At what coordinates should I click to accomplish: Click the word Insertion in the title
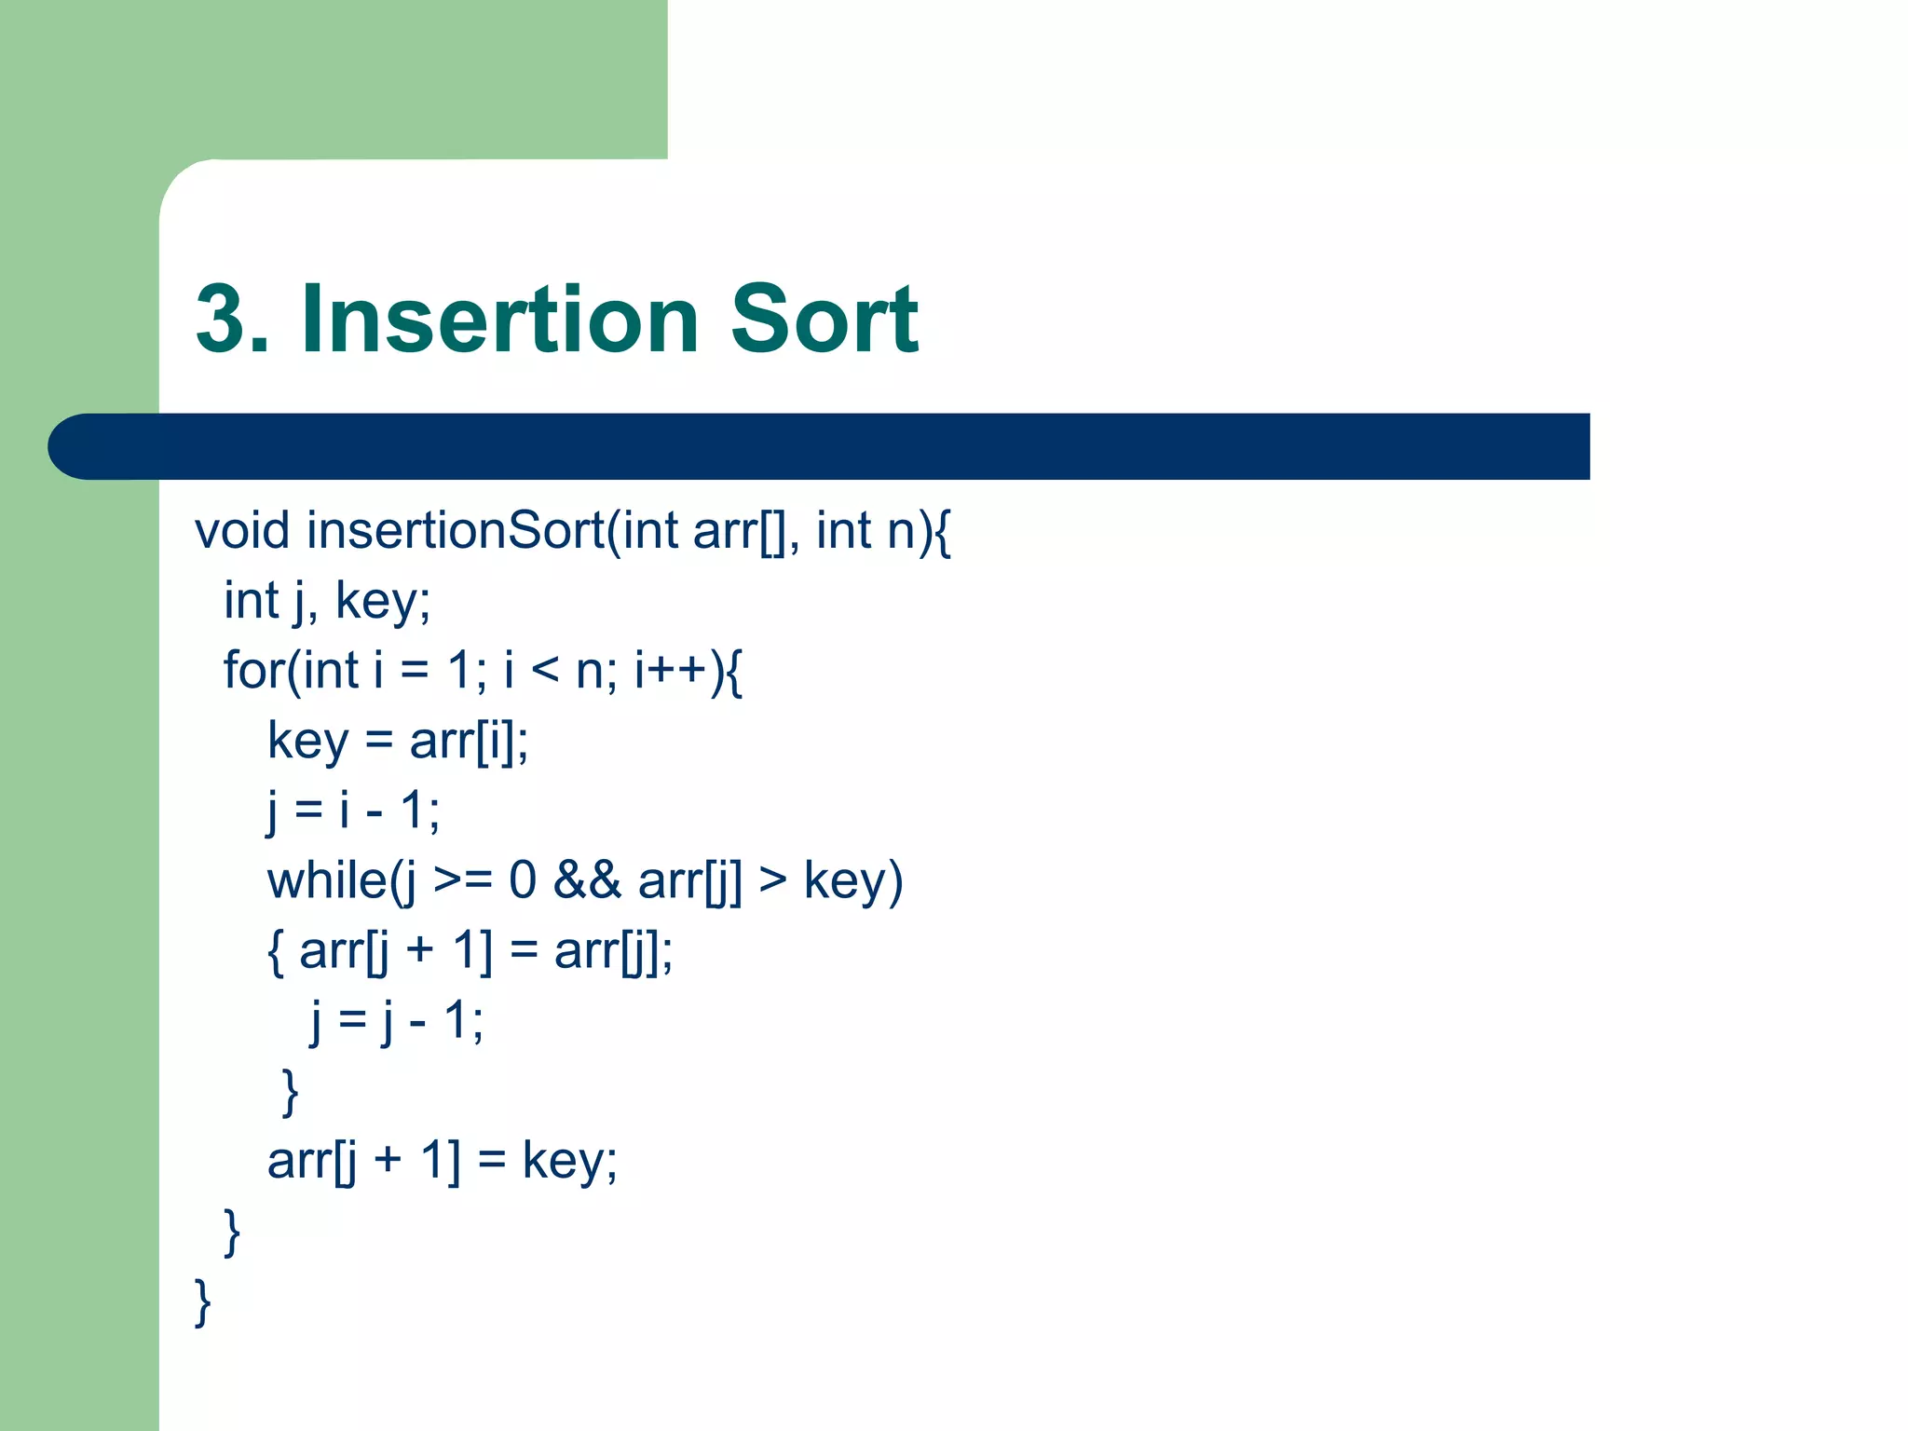point(499,320)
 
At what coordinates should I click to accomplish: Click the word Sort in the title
point(824,320)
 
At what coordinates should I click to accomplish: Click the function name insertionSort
point(456,531)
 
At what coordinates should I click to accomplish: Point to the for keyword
point(254,671)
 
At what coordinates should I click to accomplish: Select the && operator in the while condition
point(587,880)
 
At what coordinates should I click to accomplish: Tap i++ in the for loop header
point(669,671)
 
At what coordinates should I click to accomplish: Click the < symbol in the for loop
point(544,671)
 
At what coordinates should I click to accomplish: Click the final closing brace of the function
point(202,1302)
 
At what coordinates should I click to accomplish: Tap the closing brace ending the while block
point(290,1092)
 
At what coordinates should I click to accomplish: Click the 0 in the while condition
point(523,880)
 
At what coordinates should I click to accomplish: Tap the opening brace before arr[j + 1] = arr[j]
point(276,952)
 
